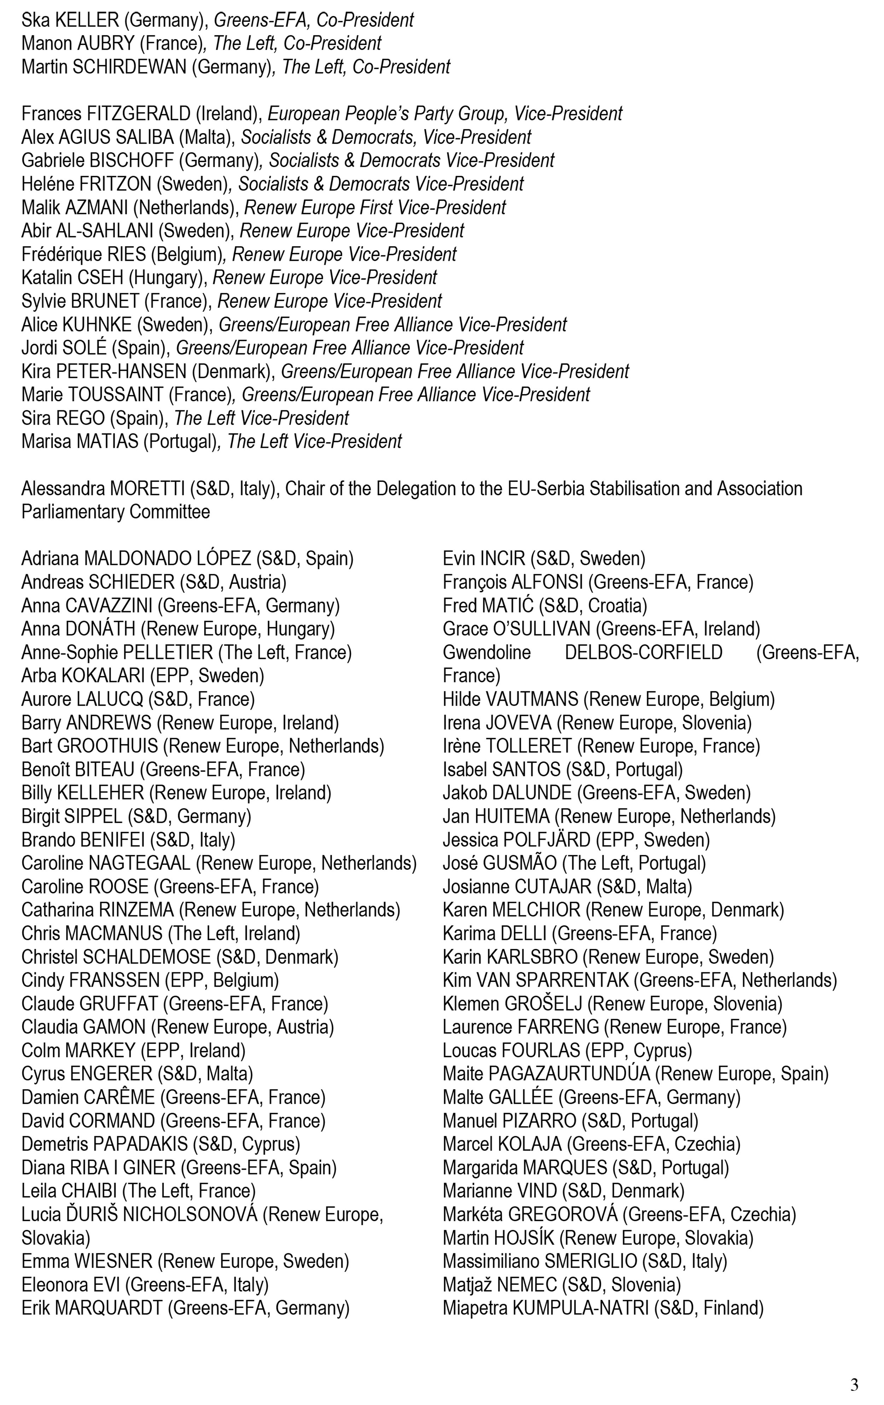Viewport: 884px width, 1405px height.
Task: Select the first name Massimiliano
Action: coord(491,1261)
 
